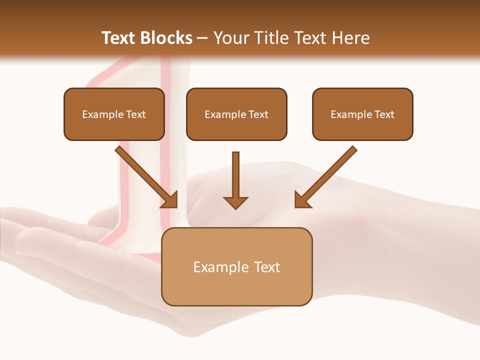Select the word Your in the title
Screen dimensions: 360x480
pyautogui.click(x=229, y=38)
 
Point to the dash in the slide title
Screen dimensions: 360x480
pyautogui.click(x=202, y=38)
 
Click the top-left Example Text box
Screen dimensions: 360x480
pyautogui.click(x=114, y=114)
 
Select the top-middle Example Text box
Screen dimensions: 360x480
pyautogui.click(x=236, y=114)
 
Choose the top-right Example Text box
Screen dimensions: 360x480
pyautogui.click(x=362, y=114)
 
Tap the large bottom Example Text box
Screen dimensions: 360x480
pyautogui.click(x=236, y=267)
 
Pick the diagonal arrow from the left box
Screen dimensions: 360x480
pyautogui.click(x=145, y=175)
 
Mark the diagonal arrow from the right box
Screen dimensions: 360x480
pyautogui.click(x=327, y=175)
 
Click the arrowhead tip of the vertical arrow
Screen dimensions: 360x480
pyautogui.click(x=235, y=207)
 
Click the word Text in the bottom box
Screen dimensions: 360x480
pyautogui.click(x=267, y=267)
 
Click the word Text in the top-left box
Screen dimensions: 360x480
pyautogui.click(x=136, y=114)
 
